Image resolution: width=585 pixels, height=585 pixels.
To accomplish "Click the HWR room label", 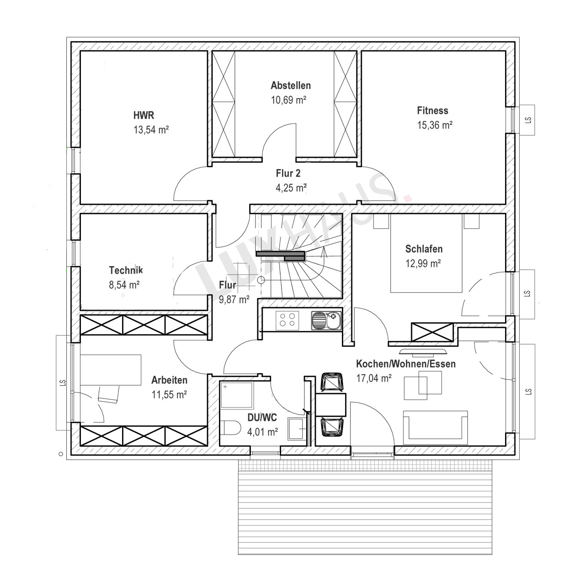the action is click(x=144, y=115).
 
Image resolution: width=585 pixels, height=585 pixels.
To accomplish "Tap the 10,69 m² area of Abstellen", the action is click(x=288, y=100).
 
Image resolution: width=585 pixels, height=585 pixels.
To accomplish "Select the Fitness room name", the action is click(x=432, y=111).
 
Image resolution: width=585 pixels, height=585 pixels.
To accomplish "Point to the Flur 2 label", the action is click(x=288, y=173).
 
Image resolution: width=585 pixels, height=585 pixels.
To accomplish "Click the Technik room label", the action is click(x=126, y=270).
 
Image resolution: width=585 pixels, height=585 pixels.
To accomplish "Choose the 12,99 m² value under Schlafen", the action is click(x=423, y=264).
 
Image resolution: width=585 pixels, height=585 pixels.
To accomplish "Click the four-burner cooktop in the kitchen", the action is click(x=287, y=320).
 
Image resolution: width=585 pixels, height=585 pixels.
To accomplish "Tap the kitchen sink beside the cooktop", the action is click(x=326, y=320).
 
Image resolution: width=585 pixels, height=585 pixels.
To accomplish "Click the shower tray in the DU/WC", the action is click(x=236, y=395).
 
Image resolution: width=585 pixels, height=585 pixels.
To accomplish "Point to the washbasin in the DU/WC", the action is click(x=296, y=428).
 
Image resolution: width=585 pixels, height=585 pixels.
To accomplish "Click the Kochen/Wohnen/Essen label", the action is click(x=405, y=364).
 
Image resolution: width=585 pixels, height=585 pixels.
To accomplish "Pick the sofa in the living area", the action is click(x=435, y=425).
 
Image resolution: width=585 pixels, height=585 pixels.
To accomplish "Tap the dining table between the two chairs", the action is click(x=331, y=404).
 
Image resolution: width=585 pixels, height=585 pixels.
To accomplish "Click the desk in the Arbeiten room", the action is click(x=111, y=370).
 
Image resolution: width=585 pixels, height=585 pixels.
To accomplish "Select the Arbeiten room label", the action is click(x=170, y=380).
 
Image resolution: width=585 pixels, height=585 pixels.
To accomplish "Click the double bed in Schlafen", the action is click(x=426, y=253).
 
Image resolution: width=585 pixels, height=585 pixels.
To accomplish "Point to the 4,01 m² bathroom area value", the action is click(x=263, y=432).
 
